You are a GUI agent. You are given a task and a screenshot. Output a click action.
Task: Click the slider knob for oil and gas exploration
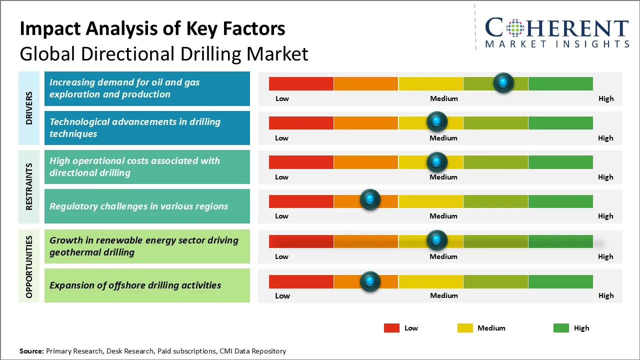click(503, 82)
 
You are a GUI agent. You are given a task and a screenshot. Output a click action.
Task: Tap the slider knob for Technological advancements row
click(437, 121)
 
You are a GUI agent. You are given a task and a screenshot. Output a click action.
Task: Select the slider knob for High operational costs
click(437, 161)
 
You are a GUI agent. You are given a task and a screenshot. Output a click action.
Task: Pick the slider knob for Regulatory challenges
click(370, 200)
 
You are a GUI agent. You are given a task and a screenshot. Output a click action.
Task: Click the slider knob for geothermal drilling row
click(437, 240)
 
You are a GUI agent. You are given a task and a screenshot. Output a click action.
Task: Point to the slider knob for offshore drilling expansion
click(370, 281)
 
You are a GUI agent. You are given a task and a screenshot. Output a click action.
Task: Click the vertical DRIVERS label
click(29, 108)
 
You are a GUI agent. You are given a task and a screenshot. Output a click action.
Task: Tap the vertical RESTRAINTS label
click(29, 186)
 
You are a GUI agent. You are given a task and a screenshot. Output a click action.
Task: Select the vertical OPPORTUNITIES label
click(29, 267)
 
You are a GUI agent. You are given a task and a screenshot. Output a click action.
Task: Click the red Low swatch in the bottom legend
click(391, 328)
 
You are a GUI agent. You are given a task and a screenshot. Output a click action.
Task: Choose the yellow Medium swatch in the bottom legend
click(465, 328)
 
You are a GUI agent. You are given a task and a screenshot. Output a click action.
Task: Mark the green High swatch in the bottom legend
click(561, 328)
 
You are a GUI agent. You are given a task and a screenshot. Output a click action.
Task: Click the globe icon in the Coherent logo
click(515, 28)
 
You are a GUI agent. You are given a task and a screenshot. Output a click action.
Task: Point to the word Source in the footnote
click(31, 351)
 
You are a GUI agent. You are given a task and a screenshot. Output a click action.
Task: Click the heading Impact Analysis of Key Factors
click(152, 29)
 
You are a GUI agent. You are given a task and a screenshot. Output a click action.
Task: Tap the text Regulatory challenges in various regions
click(138, 206)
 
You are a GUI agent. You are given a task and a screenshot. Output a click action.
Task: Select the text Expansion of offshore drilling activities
click(135, 285)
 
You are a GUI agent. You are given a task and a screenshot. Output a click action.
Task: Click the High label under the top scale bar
click(605, 98)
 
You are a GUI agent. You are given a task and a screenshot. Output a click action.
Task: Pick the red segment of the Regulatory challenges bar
click(301, 201)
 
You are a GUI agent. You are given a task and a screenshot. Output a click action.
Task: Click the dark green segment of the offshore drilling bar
click(560, 281)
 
